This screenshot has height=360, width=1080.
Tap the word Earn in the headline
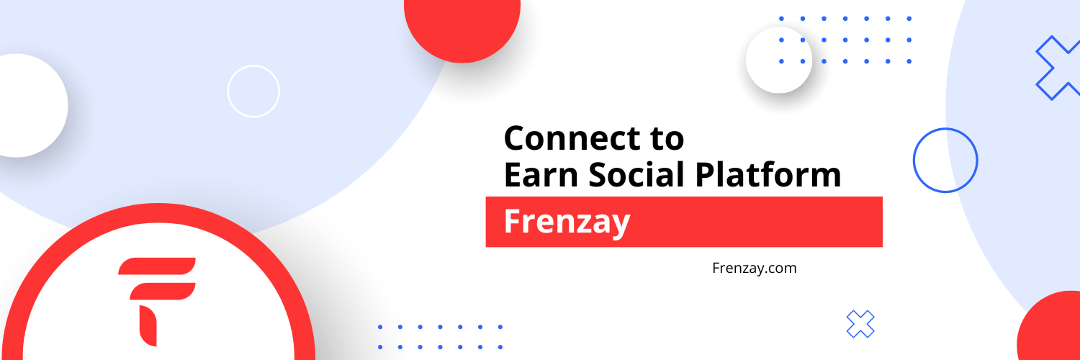click(541, 174)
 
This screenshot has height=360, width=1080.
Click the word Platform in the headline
click(768, 174)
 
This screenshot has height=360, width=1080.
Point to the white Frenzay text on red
click(567, 222)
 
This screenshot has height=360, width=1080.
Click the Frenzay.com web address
click(754, 268)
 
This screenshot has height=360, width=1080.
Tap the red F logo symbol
click(157, 302)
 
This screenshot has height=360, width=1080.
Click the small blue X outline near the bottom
click(860, 324)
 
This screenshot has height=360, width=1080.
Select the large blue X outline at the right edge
click(1058, 68)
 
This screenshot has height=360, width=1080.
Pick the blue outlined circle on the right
click(945, 128)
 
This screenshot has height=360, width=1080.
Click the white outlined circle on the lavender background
click(253, 66)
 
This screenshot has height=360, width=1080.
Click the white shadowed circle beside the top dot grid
click(778, 60)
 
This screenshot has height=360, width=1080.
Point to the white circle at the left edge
click(29, 105)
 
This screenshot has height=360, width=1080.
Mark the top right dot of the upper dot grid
click(909, 19)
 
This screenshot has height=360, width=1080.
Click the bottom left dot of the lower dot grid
click(380, 347)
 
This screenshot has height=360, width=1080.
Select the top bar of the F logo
click(157, 266)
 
